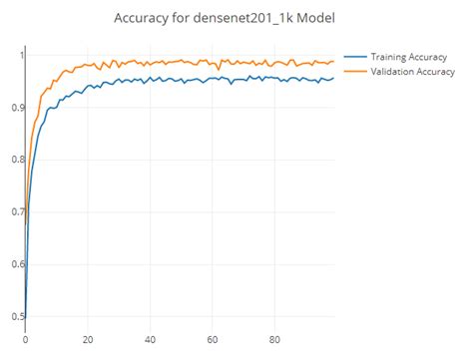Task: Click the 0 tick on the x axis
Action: pos(25,338)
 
